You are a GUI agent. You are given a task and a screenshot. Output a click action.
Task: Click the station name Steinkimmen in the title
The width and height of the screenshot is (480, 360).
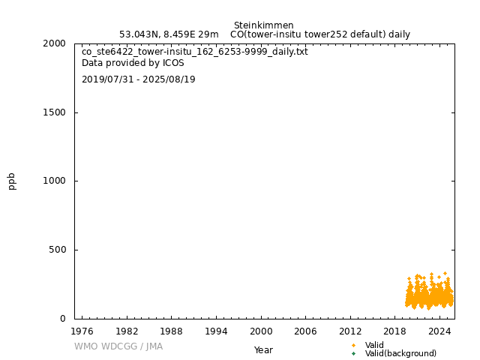263,25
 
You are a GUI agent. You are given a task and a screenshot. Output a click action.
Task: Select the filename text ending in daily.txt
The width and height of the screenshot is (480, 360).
194,52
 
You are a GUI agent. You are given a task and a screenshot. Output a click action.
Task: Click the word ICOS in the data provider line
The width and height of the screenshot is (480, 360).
173,63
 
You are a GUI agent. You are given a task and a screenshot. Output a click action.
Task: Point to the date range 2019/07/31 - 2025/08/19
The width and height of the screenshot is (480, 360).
138,79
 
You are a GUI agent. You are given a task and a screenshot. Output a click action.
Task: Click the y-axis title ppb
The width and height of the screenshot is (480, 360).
12,181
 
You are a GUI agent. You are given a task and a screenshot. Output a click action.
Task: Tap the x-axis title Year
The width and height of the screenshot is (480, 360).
263,350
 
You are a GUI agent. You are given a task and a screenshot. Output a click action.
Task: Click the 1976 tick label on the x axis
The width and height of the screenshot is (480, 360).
82,331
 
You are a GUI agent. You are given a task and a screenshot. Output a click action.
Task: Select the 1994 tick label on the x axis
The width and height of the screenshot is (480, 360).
216,331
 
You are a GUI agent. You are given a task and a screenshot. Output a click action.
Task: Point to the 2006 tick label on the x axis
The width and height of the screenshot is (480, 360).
305,331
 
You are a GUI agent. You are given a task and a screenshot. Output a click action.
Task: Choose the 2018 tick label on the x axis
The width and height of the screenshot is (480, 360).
395,331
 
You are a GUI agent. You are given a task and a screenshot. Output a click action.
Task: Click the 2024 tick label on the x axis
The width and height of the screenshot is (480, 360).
439,331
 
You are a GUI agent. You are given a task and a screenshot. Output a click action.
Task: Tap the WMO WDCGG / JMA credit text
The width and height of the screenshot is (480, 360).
118,346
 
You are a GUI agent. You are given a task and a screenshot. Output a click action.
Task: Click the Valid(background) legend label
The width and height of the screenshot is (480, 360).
400,354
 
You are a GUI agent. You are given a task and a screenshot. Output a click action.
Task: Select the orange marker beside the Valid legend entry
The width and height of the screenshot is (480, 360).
353,345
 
